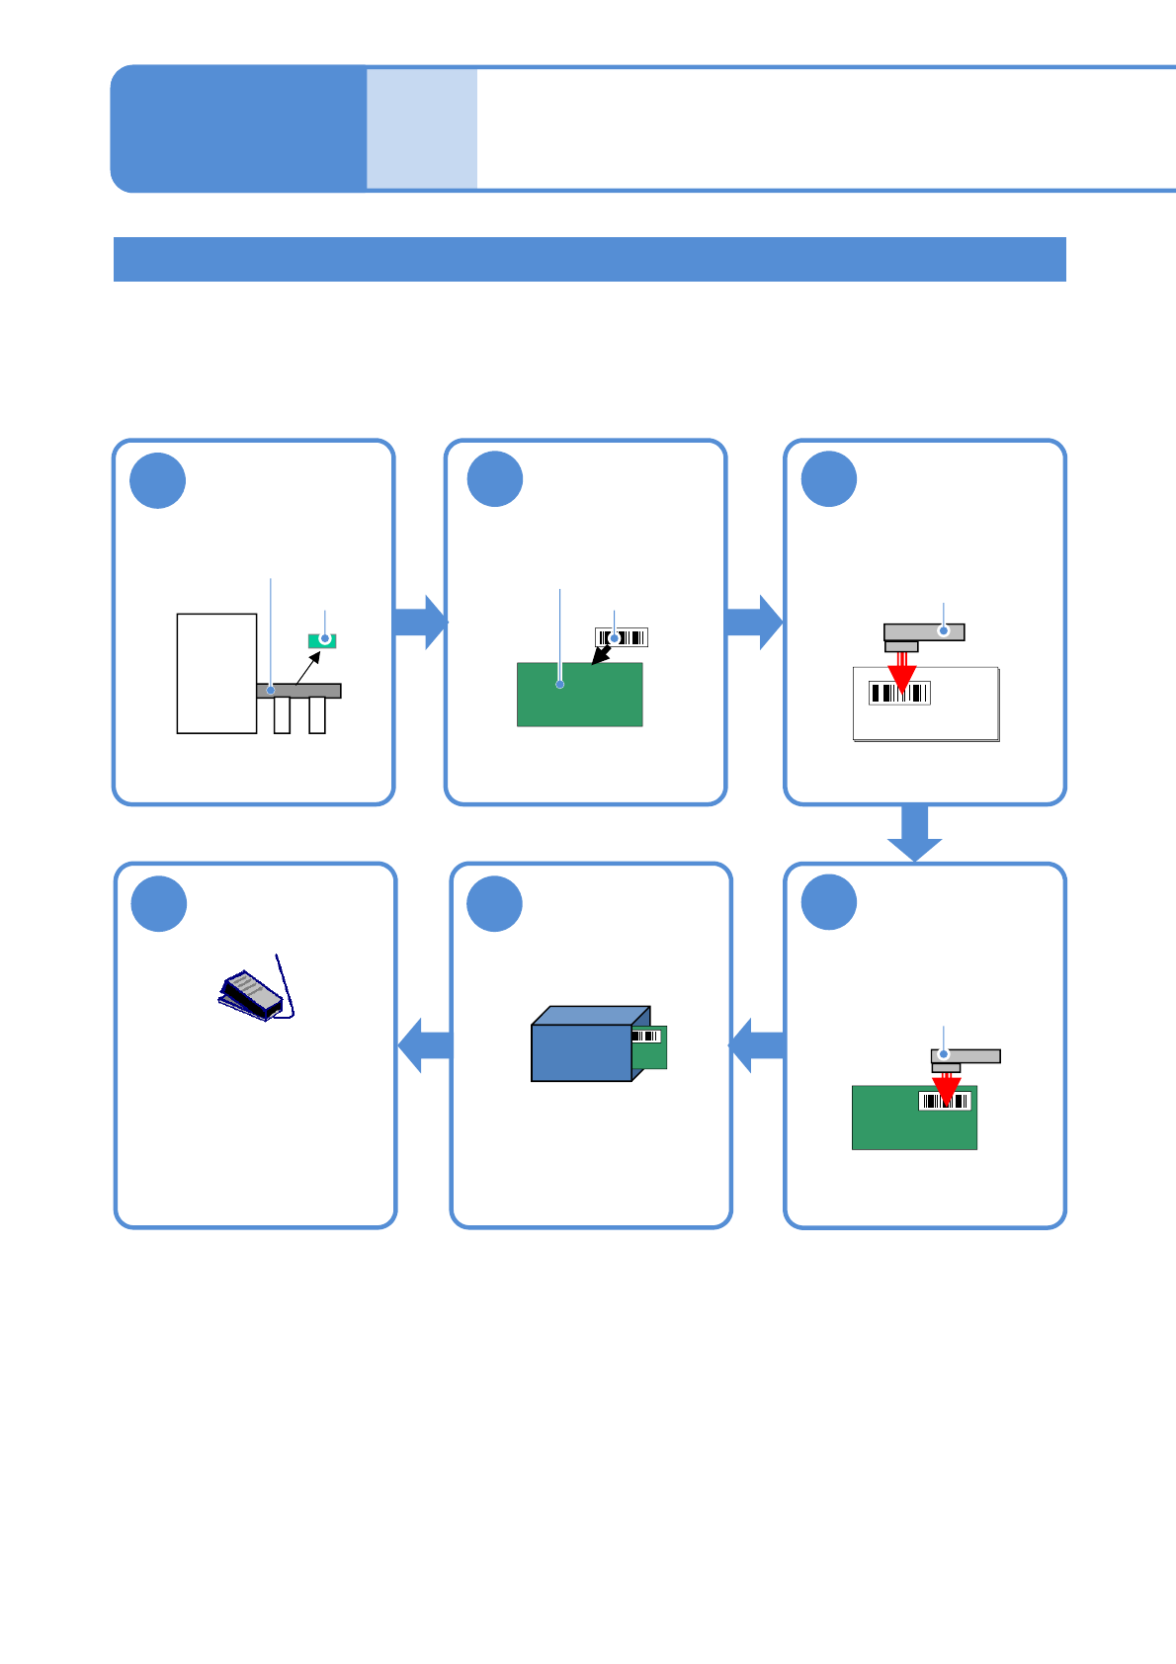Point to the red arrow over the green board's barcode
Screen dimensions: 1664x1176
click(x=947, y=1090)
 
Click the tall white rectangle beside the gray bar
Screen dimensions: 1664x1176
click(x=216, y=673)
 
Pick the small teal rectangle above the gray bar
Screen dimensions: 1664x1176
click(x=322, y=640)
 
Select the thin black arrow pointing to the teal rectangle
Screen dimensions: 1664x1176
click(x=308, y=668)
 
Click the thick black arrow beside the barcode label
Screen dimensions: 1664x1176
click(x=600, y=655)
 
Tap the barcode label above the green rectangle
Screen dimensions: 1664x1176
click(x=622, y=637)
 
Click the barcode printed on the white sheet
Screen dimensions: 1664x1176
click(x=899, y=693)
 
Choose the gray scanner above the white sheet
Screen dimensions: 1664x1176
click(x=924, y=632)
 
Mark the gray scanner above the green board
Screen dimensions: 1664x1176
click(x=966, y=1056)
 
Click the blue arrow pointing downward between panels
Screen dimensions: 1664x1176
click(x=914, y=833)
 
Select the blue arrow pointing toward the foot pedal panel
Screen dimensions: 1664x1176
click(x=425, y=1044)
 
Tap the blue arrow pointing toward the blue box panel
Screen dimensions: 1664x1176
click(x=758, y=1044)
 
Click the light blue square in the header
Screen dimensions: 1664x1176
click(x=422, y=128)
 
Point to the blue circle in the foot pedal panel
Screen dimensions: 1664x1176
click(x=159, y=903)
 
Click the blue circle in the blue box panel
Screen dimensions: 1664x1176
click(x=494, y=903)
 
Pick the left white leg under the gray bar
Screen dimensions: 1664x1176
click(x=282, y=715)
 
